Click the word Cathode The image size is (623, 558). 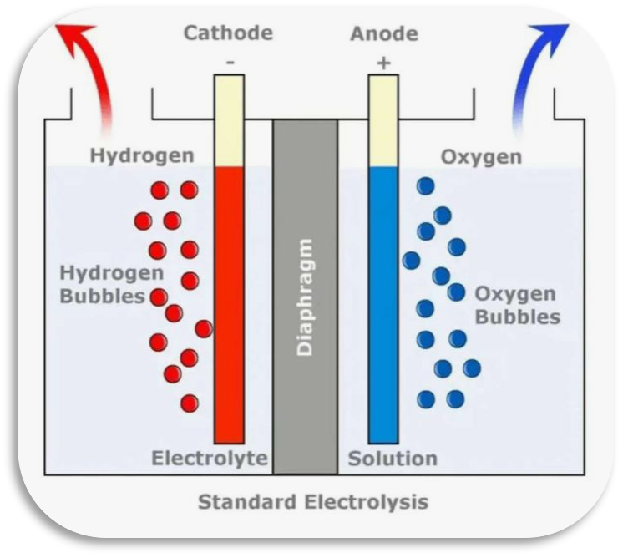228,33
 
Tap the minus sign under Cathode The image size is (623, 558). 230,62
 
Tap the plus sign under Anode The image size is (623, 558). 383,63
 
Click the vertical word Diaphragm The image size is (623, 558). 305,297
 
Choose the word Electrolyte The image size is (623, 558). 210,459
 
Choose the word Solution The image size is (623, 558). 393,459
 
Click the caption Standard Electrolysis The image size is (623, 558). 313,502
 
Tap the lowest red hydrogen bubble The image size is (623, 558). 190,403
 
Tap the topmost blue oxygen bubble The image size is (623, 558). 426,186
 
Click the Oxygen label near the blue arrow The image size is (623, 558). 482,157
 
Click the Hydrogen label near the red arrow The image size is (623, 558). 142,156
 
